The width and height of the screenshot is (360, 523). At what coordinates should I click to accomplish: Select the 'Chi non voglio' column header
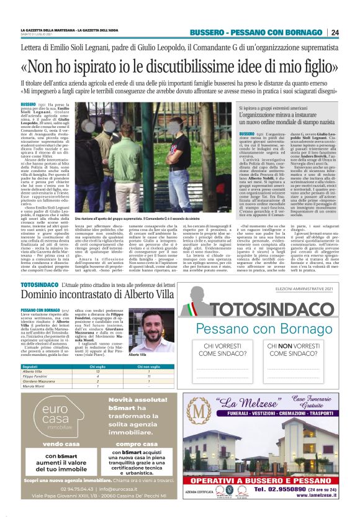[x=132, y=366]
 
